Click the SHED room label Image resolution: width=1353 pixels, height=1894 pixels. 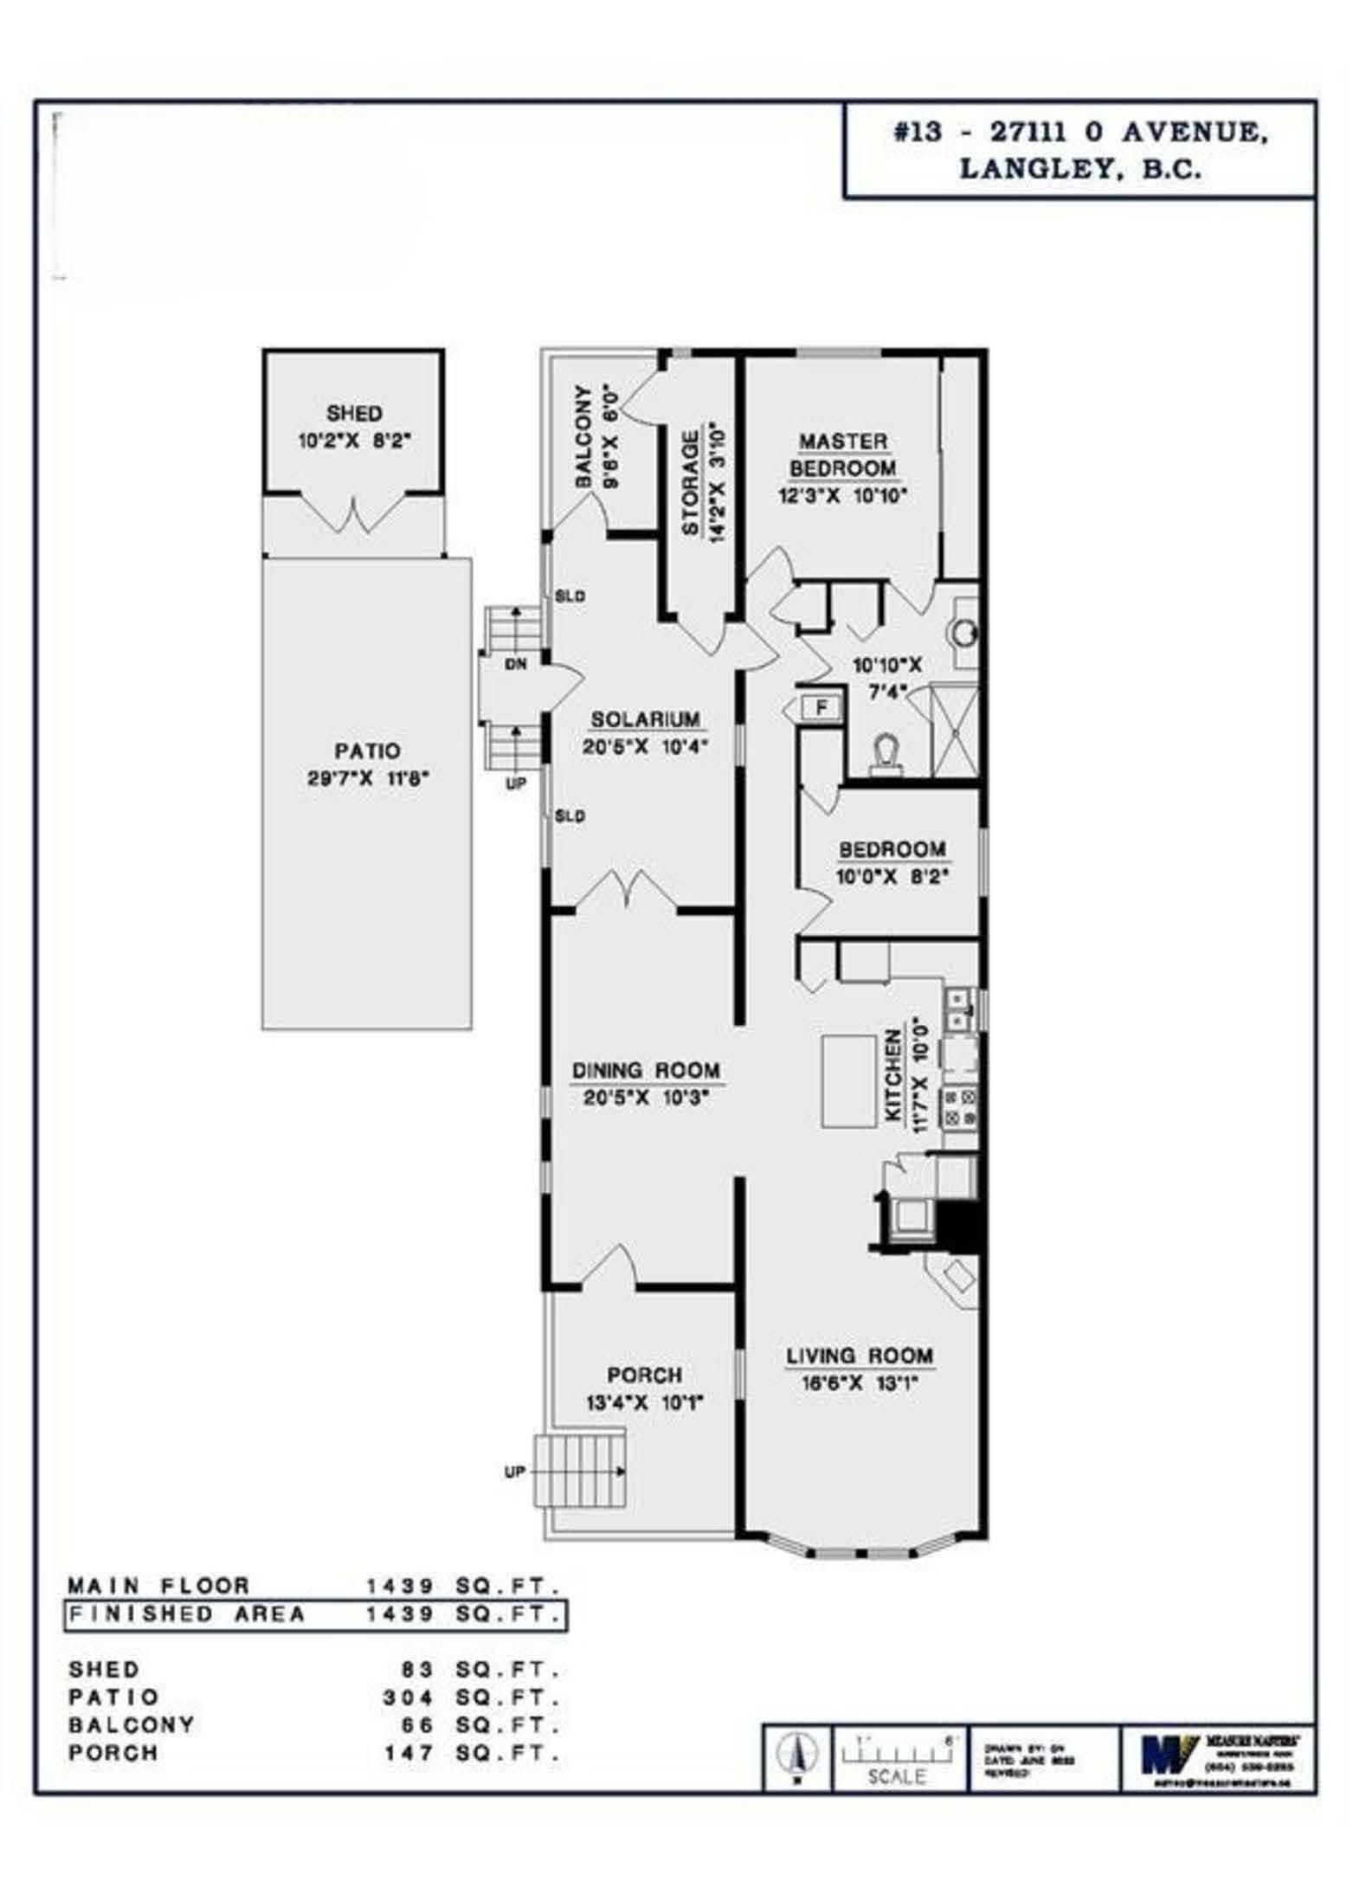[x=354, y=413]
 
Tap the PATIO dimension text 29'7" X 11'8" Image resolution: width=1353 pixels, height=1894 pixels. [x=369, y=778]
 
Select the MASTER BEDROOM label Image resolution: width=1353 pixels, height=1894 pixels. [x=843, y=454]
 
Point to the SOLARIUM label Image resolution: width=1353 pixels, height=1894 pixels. [x=645, y=719]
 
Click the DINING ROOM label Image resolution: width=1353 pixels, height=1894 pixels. [x=646, y=1071]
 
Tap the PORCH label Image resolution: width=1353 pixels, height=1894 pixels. [x=644, y=1375]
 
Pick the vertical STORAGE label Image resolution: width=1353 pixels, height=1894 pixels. [x=690, y=484]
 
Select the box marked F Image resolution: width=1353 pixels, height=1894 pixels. [x=821, y=708]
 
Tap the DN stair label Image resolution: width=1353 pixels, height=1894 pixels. [x=516, y=665]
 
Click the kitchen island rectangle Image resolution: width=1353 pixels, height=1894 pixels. [x=848, y=1082]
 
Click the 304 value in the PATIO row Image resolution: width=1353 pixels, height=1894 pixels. [x=409, y=1698]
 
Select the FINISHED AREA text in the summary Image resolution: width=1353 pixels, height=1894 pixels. [x=187, y=1614]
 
